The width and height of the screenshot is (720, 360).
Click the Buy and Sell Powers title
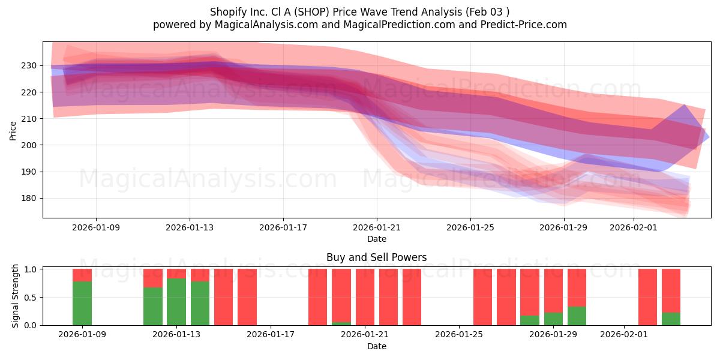coord(376,257)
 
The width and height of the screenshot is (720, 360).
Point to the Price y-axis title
coord(13,130)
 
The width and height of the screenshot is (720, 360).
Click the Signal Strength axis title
coord(16,296)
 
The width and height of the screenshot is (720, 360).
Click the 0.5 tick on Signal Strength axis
coord(30,297)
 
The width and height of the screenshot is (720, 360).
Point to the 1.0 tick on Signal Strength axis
coord(30,269)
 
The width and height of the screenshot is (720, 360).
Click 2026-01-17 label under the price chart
coord(283,227)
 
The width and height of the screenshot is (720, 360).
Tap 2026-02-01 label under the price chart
coord(634,227)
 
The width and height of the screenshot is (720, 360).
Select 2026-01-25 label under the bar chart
coord(459,335)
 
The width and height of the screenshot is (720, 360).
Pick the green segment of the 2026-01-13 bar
coord(176,302)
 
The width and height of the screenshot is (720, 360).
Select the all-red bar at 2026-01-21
coord(365,297)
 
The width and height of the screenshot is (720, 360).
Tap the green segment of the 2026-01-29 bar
coord(553,319)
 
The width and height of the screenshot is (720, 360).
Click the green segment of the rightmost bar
coord(671,319)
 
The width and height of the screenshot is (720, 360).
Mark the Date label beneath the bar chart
coord(376,346)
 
